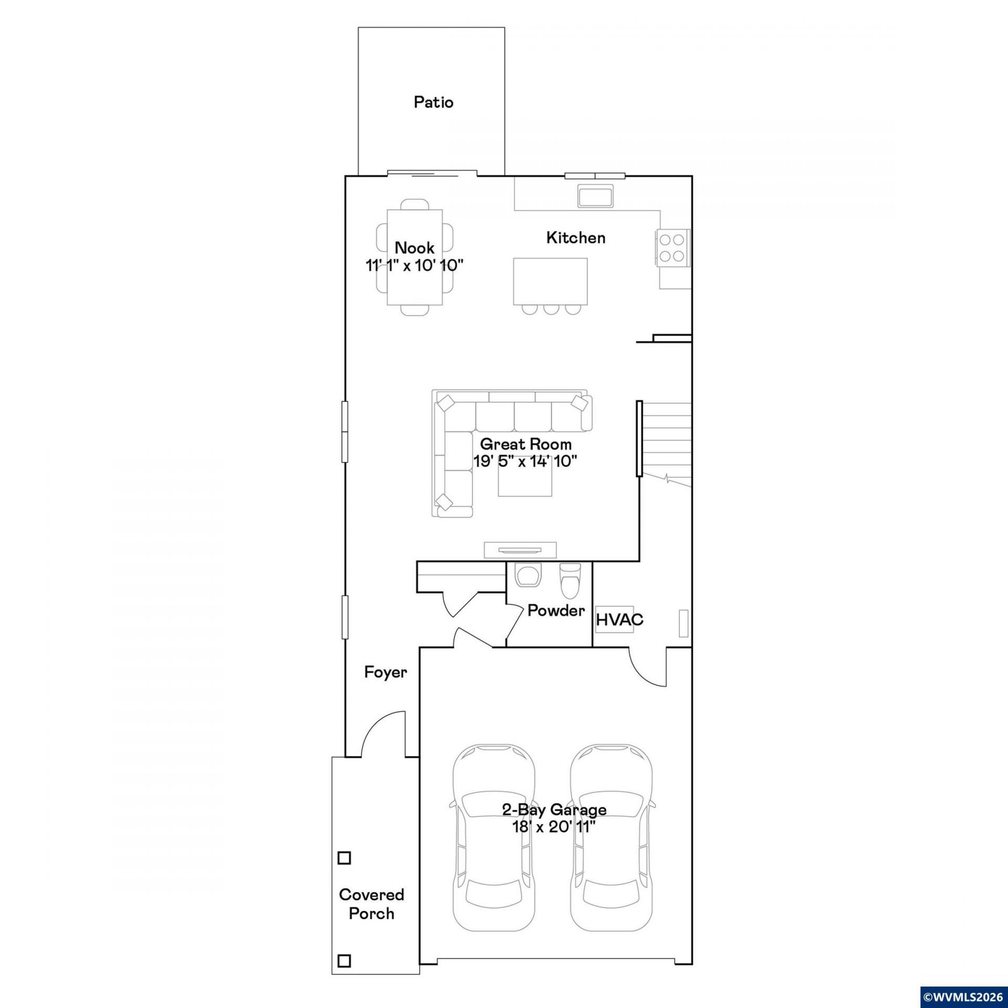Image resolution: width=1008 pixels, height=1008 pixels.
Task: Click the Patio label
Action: point(433,102)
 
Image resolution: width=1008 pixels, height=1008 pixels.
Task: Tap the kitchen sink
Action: point(595,195)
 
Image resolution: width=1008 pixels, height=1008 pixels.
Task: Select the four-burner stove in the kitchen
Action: point(672,248)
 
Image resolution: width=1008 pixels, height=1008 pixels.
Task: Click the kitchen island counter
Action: point(550,281)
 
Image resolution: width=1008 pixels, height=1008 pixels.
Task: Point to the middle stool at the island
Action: point(550,309)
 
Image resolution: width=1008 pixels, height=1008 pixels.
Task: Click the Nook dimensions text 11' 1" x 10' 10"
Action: point(414,265)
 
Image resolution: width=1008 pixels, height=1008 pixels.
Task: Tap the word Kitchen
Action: point(575,238)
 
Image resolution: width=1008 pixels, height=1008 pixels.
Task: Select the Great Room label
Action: point(526,444)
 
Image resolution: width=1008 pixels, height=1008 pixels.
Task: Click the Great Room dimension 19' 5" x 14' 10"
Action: point(526,461)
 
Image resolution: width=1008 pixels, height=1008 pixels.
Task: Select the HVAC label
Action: point(619,619)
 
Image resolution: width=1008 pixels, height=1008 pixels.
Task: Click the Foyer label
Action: point(385,672)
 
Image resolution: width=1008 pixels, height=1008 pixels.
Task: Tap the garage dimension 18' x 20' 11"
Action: point(554,827)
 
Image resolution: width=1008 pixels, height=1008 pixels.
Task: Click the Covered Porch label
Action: point(372,904)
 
